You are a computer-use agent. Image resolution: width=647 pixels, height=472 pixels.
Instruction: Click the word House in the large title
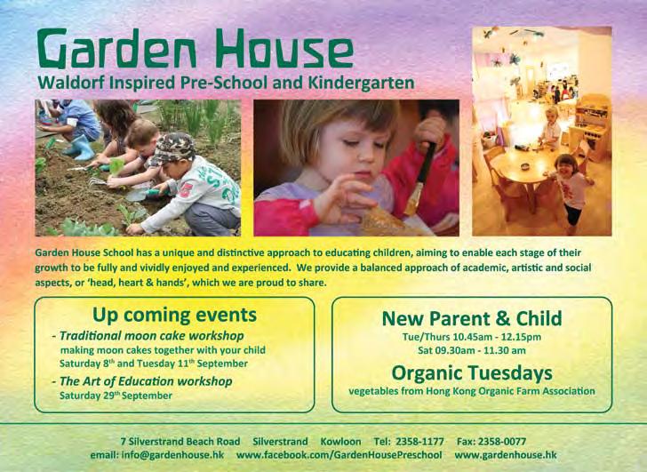(x=284, y=48)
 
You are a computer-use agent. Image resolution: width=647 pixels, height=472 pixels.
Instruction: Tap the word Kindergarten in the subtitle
(x=361, y=83)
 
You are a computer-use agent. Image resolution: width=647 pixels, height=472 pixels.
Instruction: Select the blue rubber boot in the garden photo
(x=83, y=148)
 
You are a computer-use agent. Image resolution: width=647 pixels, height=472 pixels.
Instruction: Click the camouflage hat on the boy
(x=173, y=148)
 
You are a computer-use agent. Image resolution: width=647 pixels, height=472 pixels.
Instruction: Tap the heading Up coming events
(x=174, y=316)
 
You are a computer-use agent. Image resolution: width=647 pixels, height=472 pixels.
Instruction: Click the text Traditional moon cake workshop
(x=152, y=336)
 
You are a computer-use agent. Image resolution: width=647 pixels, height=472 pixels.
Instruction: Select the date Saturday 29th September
(x=116, y=396)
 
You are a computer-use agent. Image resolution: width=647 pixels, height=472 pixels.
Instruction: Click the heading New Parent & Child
(x=472, y=318)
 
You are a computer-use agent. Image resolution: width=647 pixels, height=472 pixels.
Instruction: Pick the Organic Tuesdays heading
(x=472, y=373)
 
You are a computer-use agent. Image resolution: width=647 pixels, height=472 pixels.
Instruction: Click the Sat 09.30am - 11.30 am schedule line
(x=472, y=351)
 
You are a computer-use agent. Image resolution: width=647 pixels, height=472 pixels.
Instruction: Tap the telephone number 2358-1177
(x=419, y=442)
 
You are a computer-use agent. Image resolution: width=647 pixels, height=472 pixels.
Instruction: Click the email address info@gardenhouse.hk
(x=173, y=455)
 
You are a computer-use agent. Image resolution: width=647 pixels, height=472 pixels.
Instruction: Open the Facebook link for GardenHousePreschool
(x=339, y=455)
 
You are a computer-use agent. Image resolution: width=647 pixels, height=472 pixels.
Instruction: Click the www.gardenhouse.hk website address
(x=506, y=455)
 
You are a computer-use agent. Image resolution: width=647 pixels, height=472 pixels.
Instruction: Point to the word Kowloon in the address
(x=341, y=442)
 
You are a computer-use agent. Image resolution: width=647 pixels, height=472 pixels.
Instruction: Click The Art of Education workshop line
(x=146, y=381)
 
